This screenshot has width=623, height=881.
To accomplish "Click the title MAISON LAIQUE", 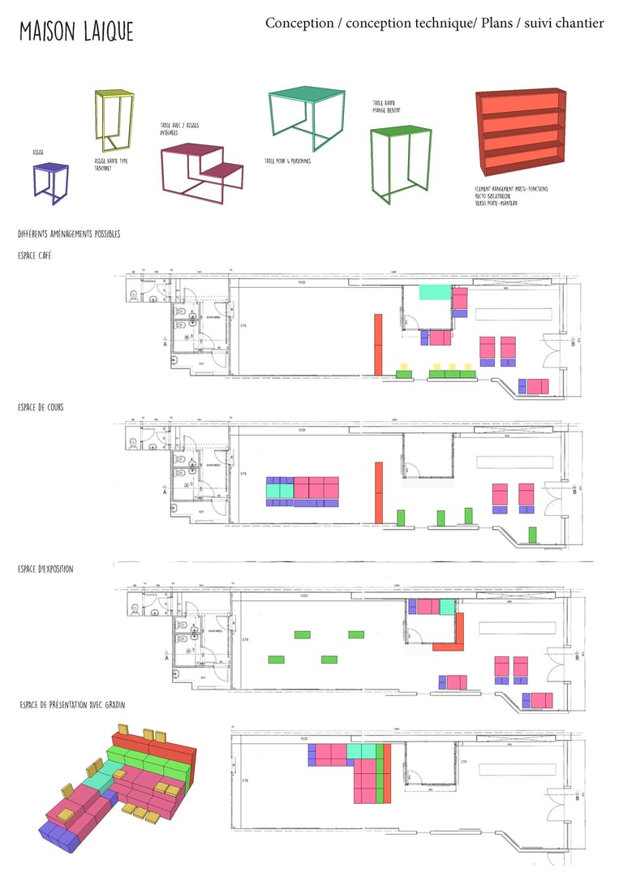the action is click(76, 32).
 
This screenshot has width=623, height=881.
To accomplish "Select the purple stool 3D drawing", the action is click(49, 183).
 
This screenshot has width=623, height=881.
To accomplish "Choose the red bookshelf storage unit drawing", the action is click(521, 131).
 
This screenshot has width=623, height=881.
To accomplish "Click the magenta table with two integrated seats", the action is click(202, 169).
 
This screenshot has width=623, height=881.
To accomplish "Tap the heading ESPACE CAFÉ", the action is click(35, 256).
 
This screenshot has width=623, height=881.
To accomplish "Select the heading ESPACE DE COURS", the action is click(41, 406).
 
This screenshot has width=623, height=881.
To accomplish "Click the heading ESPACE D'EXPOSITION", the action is click(45, 569).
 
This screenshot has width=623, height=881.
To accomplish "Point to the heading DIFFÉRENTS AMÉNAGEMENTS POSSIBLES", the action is click(69, 234).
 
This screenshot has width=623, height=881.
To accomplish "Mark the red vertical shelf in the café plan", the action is click(377, 344).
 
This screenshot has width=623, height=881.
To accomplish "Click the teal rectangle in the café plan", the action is click(435, 292).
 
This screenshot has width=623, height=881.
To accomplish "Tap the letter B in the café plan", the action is click(574, 343).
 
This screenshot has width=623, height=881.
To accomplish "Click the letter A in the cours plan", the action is click(165, 492).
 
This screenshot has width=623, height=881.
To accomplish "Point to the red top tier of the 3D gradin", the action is click(154, 750).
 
